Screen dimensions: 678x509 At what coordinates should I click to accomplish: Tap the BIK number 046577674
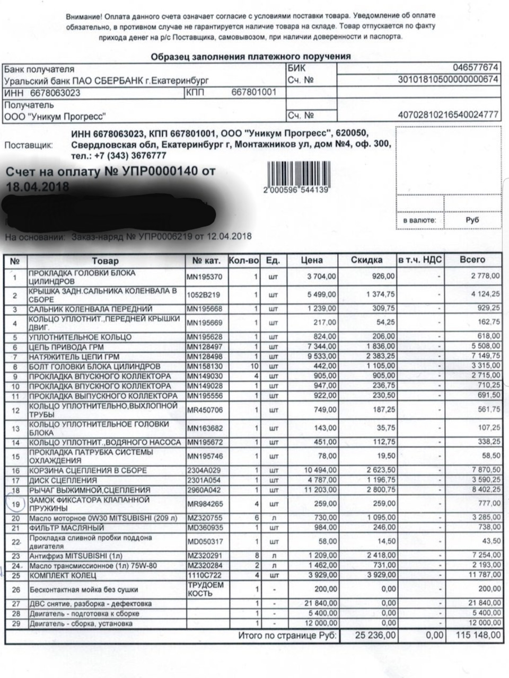pos(477,68)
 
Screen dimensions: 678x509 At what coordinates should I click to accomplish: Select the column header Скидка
pos(366,260)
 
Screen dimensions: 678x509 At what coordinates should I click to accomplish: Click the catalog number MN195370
pos(204,276)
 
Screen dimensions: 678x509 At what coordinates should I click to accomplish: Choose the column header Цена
pos(312,260)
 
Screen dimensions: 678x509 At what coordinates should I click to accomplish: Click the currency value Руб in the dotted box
pos(472,220)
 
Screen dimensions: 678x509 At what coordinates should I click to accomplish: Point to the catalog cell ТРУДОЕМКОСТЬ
pos(205,589)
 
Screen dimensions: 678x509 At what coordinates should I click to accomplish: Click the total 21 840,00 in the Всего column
pos(480,603)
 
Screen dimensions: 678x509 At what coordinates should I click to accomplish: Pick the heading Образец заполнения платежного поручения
pos(251,57)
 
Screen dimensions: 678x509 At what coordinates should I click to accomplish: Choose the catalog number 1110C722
pos(201,575)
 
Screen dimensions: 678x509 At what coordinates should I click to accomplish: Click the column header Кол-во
pos(244,260)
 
